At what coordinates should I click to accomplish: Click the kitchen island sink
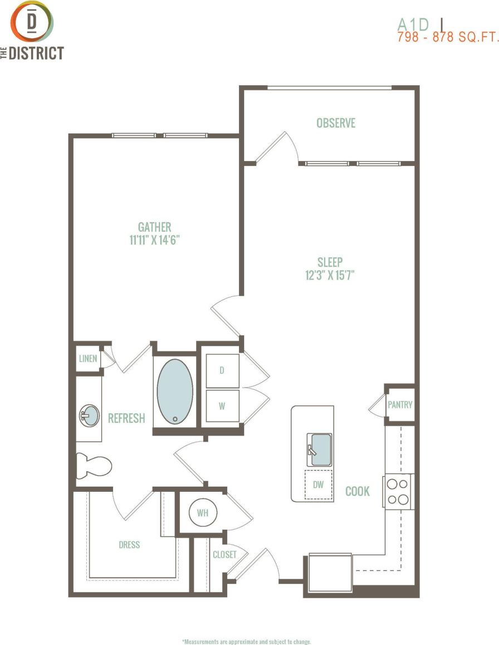[319, 449]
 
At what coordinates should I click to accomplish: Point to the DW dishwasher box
[318, 485]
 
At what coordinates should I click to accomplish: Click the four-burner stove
[398, 491]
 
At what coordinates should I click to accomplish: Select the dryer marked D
[222, 370]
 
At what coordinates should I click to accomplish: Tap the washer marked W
[222, 406]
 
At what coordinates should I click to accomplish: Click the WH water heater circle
[202, 513]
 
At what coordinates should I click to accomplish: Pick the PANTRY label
[400, 404]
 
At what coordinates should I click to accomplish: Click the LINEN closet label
[88, 359]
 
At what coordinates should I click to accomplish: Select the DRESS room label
[129, 545]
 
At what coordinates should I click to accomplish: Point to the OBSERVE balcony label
[336, 123]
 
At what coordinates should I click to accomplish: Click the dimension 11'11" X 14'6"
[154, 241]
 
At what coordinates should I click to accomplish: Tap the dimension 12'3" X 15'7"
[330, 275]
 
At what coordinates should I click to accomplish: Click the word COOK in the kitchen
[358, 491]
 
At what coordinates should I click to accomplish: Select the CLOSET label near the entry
[224, 554]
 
